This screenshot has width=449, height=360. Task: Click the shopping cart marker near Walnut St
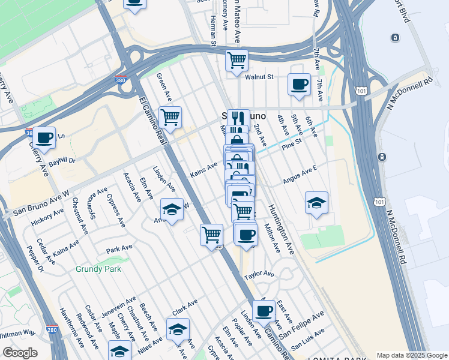click(x=237, y=60)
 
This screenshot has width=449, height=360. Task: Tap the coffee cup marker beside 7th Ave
click(x=299, y=85)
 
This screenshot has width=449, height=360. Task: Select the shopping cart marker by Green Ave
click(x=170, y=118)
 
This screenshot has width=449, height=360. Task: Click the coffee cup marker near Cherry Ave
click(x=44, y=138)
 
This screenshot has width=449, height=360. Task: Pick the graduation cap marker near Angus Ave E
click(x=316, y=203)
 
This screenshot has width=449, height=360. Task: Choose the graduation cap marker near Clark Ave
click(x=178, y=329)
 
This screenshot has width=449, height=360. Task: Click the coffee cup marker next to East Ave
click(x=264, y=311)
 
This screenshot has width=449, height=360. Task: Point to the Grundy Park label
click(x=98, y=269)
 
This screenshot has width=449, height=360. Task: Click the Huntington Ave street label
click(x=281, y=230)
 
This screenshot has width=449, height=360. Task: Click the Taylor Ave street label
click(x=259, y=274)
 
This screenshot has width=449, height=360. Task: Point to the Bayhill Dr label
click(x=62, y=161)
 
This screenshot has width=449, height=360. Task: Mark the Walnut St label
click(x=259, y=77)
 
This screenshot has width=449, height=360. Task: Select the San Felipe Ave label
click(x=301, y=323)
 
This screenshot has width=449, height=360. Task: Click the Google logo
click(x=20, y=353)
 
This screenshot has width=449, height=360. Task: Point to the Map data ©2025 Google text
click(x=411, y=355)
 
